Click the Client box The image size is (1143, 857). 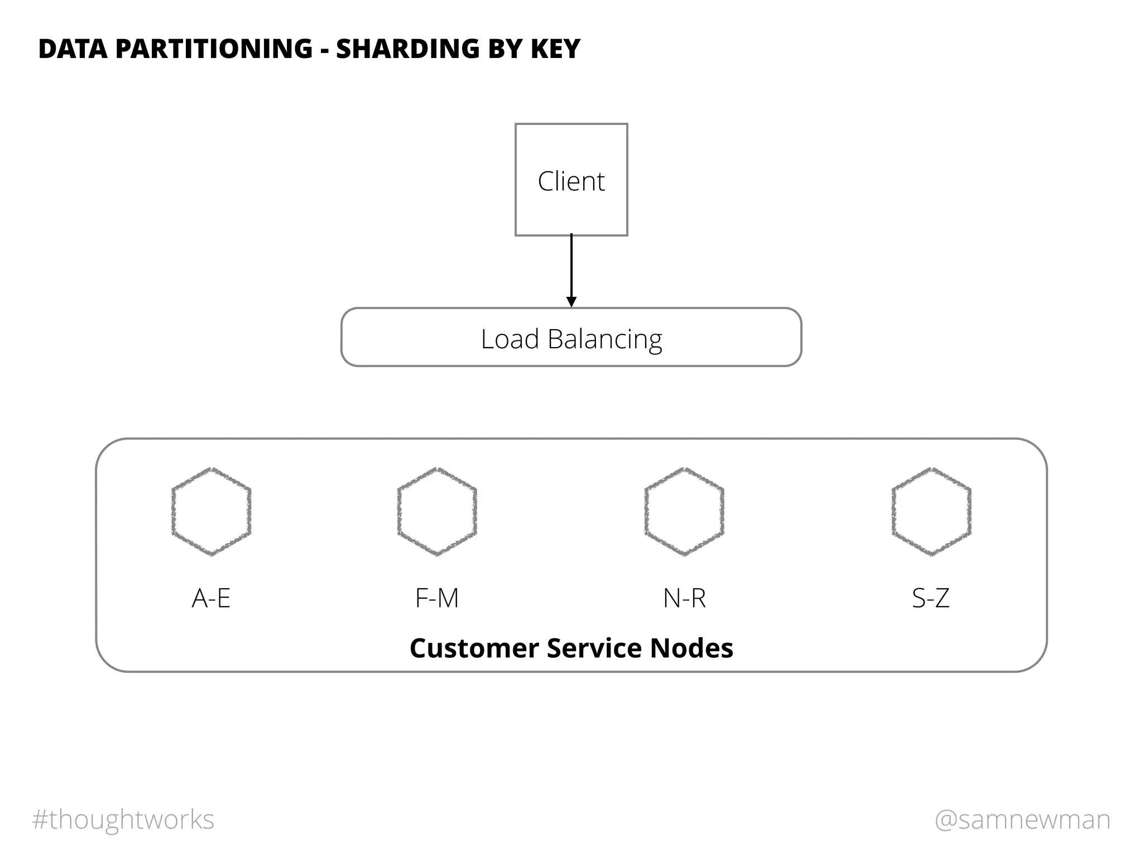point(571,180)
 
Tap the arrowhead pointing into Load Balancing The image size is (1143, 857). point(571,302)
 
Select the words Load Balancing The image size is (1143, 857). point(571,339)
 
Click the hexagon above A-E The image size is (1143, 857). point(211,512)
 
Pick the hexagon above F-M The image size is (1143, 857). point(437,512)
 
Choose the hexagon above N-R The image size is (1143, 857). point(684,512)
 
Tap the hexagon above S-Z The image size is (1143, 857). point(931,512)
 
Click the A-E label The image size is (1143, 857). point(211,598)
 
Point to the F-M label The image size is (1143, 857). point(437,598)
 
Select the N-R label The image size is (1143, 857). point(684,598)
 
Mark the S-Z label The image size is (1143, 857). point(930,598)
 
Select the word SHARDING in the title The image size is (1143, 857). point(407,49)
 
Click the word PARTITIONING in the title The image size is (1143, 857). point(213,49)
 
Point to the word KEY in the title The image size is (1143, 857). point(555,49)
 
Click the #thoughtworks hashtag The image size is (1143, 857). point(123,820)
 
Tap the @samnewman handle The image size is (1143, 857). point(1022,820)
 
